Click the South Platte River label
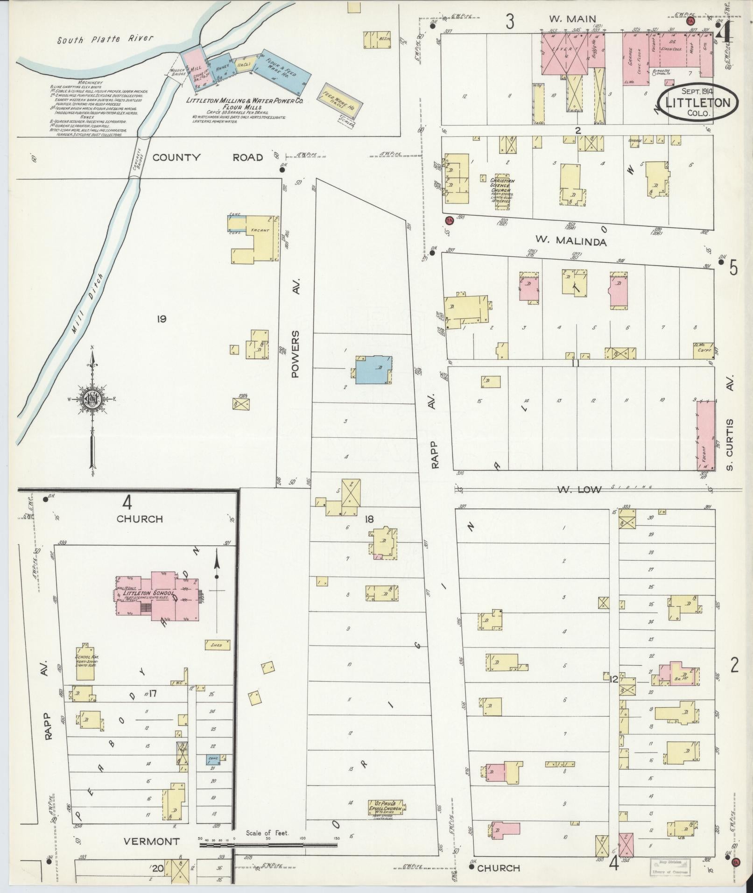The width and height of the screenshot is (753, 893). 105,39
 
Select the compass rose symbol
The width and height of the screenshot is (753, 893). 92,400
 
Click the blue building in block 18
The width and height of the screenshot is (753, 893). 373,370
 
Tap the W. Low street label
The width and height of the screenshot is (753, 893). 579,489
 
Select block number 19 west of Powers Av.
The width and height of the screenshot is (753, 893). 162,319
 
